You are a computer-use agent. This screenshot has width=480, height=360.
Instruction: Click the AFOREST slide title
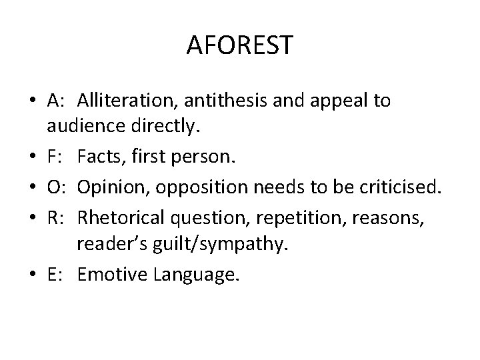pyautogui.click(x=239, y=45)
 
